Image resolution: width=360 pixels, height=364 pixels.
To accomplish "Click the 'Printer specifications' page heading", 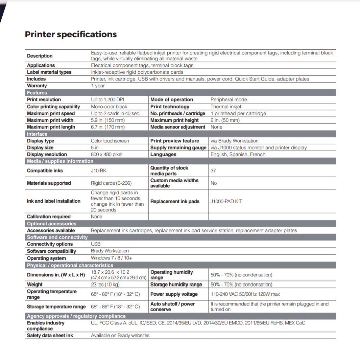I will pos(71,35).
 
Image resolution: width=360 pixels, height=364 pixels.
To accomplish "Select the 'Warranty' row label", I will pos(37,86).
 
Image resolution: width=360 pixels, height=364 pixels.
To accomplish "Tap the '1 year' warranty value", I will pos(98,86).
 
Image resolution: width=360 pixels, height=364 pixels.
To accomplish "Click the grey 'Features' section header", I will pos(37,93).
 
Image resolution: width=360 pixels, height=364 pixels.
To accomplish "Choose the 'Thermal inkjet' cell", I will pos(226,107).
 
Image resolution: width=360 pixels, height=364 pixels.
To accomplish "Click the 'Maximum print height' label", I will pos(174,120).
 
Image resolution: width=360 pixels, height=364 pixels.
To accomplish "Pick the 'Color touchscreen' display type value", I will pos(110,141).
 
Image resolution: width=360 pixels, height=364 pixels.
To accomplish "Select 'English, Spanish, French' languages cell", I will pos(238,155).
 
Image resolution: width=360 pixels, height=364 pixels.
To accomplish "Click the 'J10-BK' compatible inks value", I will pos(98,171).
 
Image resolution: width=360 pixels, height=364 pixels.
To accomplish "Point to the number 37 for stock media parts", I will pos(213,171).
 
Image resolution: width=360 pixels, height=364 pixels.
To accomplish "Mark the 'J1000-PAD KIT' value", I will pos(226,202).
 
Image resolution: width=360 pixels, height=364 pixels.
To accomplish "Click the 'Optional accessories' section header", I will pos(52,224).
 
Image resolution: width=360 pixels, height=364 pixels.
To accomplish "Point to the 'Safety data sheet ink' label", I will pos(50,336).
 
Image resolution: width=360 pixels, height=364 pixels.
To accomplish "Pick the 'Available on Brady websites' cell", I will pos(120,336).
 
